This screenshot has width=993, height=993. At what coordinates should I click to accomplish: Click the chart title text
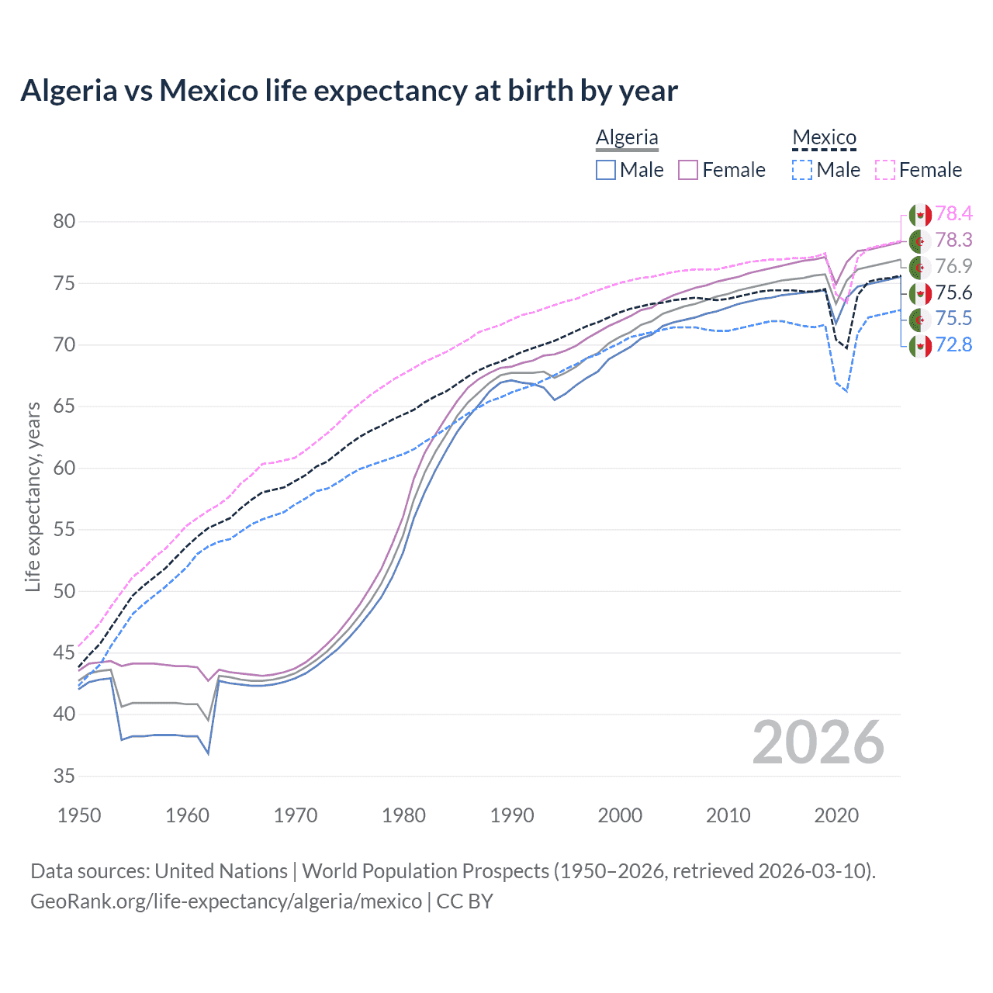pos(349,91)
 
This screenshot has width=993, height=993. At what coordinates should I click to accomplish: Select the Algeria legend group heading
pos(627,137)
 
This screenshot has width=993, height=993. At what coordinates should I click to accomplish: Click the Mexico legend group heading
pos(824,137)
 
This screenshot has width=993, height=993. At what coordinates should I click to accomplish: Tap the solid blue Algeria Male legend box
pos(606,170)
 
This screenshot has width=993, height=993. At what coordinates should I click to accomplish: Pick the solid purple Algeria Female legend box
pos(688,170)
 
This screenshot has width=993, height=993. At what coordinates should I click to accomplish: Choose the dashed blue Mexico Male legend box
pos(802,170)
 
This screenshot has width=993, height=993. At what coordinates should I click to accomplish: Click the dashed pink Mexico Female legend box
pos(885,170)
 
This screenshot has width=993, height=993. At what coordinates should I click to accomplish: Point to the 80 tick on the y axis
pos(64,222)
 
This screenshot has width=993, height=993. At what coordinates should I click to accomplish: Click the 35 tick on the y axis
pos(64,776)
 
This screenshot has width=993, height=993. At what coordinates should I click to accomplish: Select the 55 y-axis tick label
pos(64,530)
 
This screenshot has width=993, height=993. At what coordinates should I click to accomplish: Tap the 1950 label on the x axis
pos(80,815)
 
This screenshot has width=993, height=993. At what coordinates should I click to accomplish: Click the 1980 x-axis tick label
pos(403,815)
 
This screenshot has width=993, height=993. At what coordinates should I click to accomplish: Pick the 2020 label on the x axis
pos(836,815)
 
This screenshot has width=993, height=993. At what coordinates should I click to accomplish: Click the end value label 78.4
pos(953,214)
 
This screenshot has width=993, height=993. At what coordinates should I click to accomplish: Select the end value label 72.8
pos(953,345)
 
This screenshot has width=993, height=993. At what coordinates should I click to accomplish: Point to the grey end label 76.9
pos(953,267)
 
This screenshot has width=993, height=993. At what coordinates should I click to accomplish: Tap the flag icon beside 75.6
pos(920,293)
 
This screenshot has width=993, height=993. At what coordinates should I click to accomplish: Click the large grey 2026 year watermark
pos(818,743)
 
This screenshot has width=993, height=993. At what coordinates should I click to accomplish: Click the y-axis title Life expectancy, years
pos(33,496)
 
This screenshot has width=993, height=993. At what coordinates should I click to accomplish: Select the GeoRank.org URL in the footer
pos(226,901)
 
